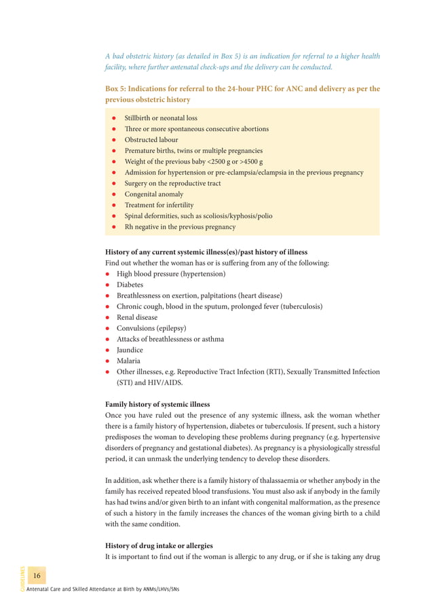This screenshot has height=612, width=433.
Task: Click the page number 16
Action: (37, 576)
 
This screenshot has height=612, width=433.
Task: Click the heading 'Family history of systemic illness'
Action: (157, 404)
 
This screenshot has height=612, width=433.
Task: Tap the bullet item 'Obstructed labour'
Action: (154, 139)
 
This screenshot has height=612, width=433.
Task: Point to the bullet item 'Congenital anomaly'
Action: (154, 194)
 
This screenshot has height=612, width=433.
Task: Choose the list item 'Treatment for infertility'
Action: (159, 204)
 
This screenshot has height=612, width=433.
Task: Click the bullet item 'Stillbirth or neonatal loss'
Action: (161, 118)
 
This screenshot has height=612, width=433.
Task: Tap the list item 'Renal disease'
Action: (136, 317)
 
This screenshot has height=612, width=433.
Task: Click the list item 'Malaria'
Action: (128, 361)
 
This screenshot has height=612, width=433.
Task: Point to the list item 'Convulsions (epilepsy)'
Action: (151, 328)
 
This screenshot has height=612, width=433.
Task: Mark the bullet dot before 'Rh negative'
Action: (115, 227)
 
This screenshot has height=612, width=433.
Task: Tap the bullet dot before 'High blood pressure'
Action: (108, 274)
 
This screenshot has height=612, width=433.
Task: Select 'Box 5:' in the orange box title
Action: (119, 89)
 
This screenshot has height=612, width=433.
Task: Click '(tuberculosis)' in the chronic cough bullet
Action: (295, 306)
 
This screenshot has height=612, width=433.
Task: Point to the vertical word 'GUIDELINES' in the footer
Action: (22, 578)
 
